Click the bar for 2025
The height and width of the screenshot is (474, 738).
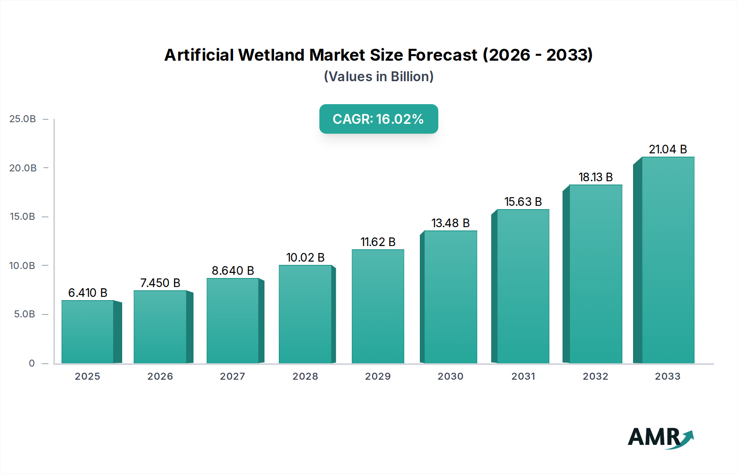pyautogui.click(x=87, y=332)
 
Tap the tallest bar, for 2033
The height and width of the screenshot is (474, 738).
pyautogui.click(x=668, y=260)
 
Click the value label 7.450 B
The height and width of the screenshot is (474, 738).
pyautogui.click(x=160, y=283)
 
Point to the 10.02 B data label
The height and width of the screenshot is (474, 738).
pyautogui.click(x=305, y=258)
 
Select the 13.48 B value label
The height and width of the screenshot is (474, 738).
pyautogui.click(x=450, y=223)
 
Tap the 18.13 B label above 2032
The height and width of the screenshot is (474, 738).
pyautogui.click(x=595, y=177)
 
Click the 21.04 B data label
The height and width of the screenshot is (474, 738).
pyautogui.click(x=667, y=149)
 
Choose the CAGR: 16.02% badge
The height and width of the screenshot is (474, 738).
pyautogui.click(x=378, y=119)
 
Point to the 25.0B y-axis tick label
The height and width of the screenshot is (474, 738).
pyautogui.click(x=23, y=119)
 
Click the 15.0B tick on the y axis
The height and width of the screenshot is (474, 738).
pyautogui.click(x=23, y=216)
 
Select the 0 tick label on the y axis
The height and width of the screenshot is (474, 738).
pyautogui.click(x=32, y=363)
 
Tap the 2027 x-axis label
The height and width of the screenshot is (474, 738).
pyautogui.click(x=232, y=376)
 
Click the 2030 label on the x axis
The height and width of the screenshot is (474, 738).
pyautogui.click(x=450, y=376)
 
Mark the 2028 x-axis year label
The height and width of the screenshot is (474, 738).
pyautogui.click(x=305, y=376)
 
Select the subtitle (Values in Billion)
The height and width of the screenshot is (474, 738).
pyautogui.click(x=378, y=77)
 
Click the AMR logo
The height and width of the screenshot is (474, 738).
pyautogui.click(x=660, y=437)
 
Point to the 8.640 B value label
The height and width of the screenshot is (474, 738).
pyautogui.click(x=233, y=271)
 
